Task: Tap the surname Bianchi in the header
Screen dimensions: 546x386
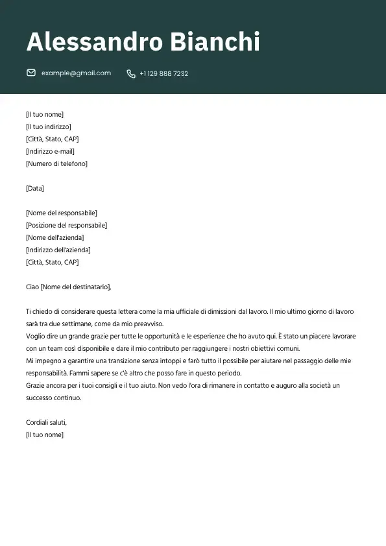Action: click(x=214, y=42)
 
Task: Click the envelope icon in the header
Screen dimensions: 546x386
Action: click(x=31, y=73)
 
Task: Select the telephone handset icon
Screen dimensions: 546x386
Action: click(x=131, y=74)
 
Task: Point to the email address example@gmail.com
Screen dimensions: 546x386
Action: click(x=76, y=73)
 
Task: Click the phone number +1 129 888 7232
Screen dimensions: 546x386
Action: click(x=163, y=74)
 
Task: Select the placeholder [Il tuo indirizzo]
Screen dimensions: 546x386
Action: click(x=49, y=126)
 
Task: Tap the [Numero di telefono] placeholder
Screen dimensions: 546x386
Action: click(x=56, y=163)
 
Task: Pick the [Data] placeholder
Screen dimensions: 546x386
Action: click(x=35, y=188)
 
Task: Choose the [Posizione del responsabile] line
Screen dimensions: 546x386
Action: click(x=66, y=225)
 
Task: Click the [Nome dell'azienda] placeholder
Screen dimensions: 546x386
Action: click(x=55, y=237)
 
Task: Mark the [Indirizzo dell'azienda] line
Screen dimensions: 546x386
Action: click(x=58, y=250)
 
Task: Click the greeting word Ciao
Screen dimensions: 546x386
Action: click(x=32, y=287)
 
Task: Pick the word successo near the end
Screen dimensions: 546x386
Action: click(x=40, y=398)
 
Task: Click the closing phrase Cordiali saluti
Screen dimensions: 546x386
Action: click(x=46, y=422)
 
